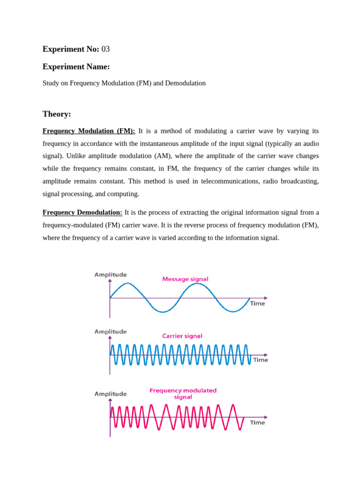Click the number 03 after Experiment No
[106, 49]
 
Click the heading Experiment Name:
[76, 67]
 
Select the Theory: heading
[57, 114]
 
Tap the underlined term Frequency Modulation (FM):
[89, 131]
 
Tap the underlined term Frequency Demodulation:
[82, 212]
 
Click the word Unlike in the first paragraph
[77, 156]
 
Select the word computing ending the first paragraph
[124, 194]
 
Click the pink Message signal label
[185, 279]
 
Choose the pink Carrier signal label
[182, 336]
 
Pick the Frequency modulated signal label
[183, 394]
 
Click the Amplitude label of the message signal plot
[110, 275]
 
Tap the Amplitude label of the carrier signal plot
[110, 332]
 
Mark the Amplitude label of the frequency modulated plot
[110, 394]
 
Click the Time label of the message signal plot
[257, 304]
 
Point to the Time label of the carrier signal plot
[260, 360]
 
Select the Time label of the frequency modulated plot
[257, 423]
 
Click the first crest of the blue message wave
[127, 283]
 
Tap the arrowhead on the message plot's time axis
[266, 298]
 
